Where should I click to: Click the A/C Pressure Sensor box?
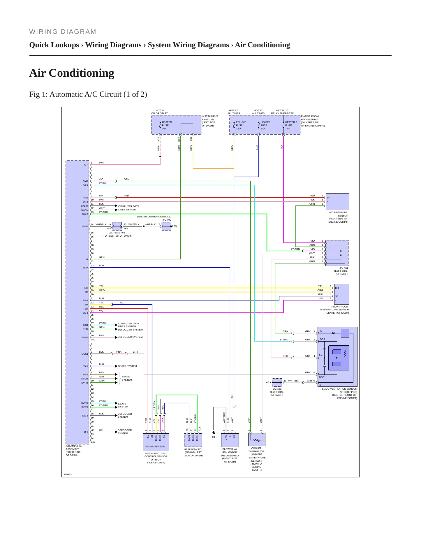point(337,202)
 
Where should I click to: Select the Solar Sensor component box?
point(156,442)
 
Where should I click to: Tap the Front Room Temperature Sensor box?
point(341,294)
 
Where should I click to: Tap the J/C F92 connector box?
point(166,226)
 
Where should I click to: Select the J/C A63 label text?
point(277,389)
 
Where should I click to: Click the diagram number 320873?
point(68,474)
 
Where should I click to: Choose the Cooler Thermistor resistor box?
point(257,439)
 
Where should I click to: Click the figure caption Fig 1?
point(88,94)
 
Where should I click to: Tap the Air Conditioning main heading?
point(72,73)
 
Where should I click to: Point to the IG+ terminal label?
point(86,165)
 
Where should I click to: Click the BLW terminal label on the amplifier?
point(85,268)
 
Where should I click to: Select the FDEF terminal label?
point(84,337)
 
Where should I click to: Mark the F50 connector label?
point(93,340)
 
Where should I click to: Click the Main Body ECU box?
point(193,440)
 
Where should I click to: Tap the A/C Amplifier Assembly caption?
point(75,451)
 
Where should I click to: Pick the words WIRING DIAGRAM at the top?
point(63,32)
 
